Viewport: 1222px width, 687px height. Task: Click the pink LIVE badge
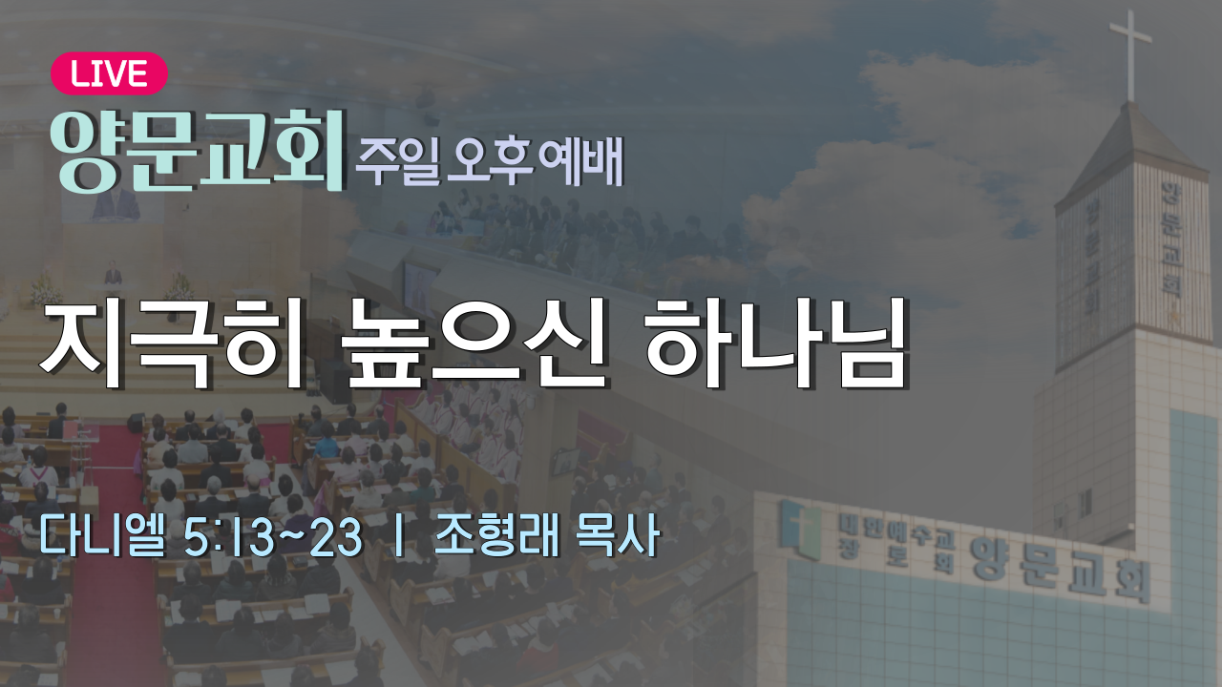[x=109, y=73]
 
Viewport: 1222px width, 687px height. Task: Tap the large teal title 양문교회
[x=198, y=151]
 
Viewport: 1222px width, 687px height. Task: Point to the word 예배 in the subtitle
[x=581, y=160]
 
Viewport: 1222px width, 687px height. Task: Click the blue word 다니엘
[x=102, y=536]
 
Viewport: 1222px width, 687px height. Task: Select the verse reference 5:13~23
[x=273, y=537]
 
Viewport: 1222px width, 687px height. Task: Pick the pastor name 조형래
[x=496, y=536]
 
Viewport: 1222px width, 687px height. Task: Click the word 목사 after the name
[x=618, y=536]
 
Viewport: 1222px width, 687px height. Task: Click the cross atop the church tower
[x=1131, y=54]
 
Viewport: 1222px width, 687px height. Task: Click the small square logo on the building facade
[x=801, y=529]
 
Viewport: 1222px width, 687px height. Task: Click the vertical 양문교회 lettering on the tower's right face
[x=1171, y=239]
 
